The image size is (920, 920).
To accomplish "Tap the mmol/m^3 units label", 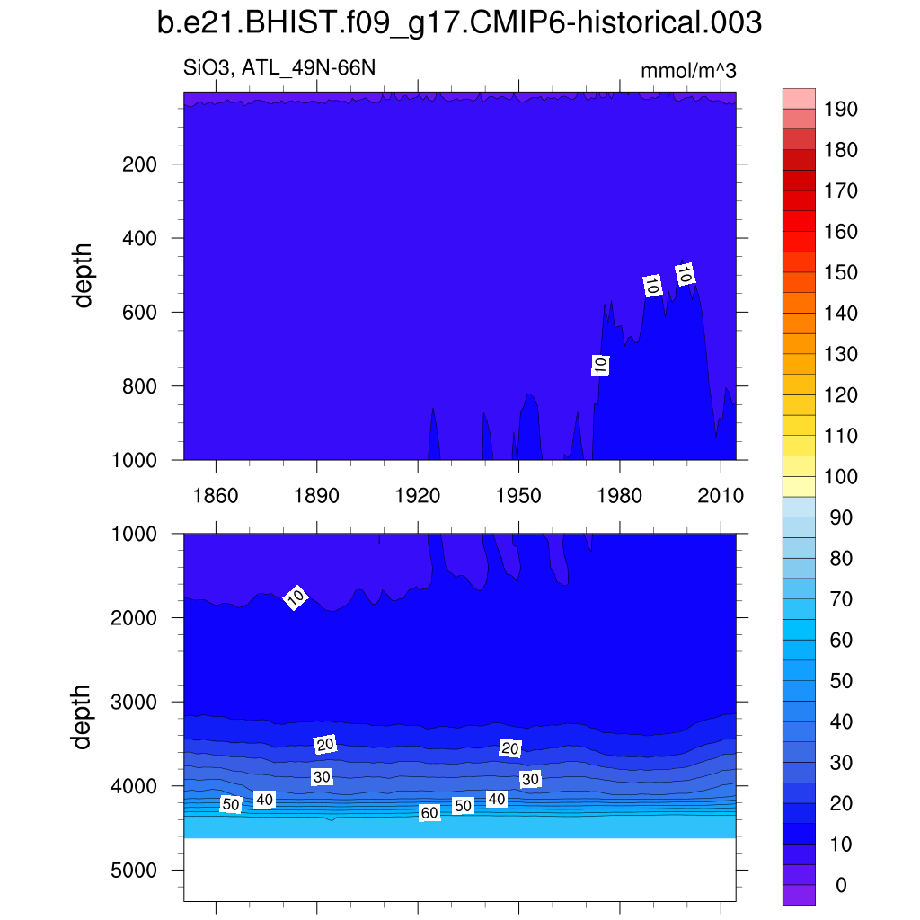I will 688,71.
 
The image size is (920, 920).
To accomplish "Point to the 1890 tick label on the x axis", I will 317,496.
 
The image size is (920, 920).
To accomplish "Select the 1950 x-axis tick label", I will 519,496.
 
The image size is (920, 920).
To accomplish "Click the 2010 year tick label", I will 721,496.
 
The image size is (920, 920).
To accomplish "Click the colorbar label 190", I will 841,110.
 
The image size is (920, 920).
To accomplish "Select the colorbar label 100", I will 841,477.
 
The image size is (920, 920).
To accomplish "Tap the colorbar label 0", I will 841,886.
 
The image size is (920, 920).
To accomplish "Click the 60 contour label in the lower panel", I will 429,813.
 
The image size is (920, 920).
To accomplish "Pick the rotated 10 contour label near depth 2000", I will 296,597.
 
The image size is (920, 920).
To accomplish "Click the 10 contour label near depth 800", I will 601,365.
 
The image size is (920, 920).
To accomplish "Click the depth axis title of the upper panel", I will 84,279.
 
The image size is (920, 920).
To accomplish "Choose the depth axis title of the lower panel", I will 84,716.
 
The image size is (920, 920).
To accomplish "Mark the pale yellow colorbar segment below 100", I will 799,486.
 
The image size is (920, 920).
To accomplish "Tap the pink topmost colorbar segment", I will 799,98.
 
